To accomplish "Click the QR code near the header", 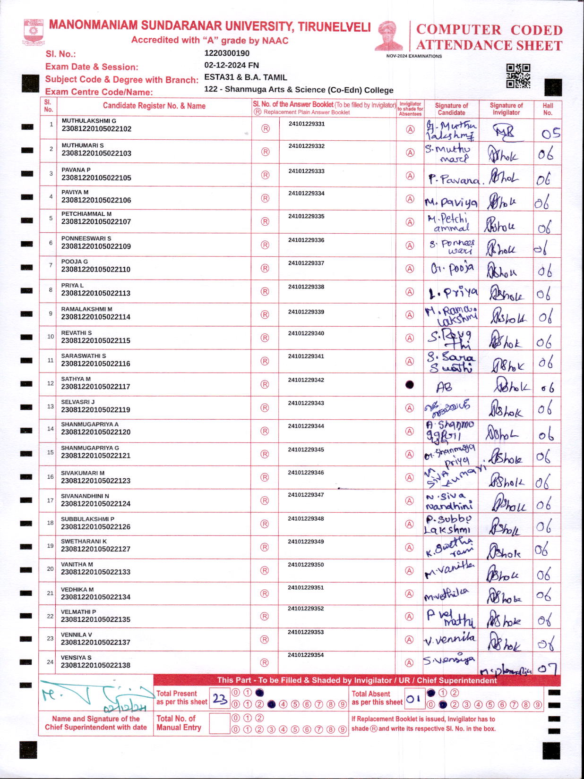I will [x=518, y=76].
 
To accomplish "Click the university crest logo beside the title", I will [x=33, y=32].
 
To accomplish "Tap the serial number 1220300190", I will [x=227, y=53].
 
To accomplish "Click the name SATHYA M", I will [x=76, y=379].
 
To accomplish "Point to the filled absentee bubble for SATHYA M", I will [x=410, y=384].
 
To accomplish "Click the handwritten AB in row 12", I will [x=444, y=388].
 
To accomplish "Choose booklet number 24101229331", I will [x=307, y=124].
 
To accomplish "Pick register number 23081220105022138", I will [x=95, y=665].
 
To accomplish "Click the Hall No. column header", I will [x=548, y=109].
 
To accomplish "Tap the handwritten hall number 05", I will [x=550, y=134].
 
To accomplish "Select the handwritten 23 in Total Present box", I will [x=220, y=699].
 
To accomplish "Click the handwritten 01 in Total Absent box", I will [x=413, y=699].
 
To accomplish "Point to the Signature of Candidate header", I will [x=451, y=109].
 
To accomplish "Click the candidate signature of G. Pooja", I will [x=451, y=269].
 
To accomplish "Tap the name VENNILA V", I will [x=76, y=635].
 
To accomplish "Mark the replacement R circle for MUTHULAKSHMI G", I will [x=266, y=129].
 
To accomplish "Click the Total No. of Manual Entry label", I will [x=179, y=723].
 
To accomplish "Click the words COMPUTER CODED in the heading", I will [x=489, y=30].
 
